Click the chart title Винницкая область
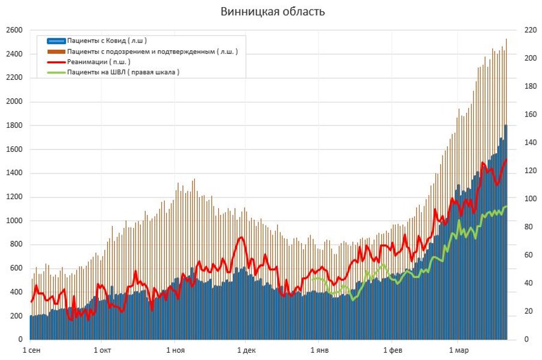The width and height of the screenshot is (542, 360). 273,11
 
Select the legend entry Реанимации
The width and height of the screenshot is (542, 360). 98,62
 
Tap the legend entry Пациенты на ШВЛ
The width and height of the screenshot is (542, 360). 123,72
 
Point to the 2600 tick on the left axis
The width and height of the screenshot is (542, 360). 14,30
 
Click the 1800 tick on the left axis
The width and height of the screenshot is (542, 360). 14,125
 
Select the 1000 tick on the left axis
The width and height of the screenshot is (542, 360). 14,221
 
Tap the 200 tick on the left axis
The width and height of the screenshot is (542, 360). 16,316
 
